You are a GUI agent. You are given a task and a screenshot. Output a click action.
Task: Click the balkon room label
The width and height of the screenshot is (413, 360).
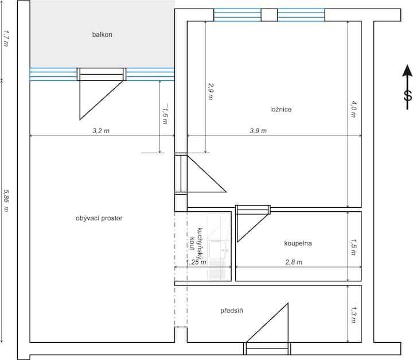coord(102,34)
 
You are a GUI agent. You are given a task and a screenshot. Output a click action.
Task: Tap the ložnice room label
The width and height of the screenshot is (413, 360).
coord(280,109)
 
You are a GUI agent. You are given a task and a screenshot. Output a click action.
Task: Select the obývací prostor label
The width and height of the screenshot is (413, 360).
coord(99,218)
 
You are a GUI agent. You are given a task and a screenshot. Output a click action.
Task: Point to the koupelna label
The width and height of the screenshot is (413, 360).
coord(298,243)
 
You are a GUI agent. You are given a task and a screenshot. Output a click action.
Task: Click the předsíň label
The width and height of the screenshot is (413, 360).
coord(232,311)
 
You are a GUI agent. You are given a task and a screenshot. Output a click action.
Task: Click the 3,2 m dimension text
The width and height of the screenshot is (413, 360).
coord(101,130)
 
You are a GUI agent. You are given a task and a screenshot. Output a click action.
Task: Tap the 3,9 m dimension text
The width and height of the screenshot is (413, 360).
coord(258,130)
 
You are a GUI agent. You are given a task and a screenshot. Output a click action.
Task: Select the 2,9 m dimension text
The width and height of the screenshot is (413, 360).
coord(211,91)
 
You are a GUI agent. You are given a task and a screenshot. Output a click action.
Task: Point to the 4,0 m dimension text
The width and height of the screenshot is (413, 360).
coord(353,109)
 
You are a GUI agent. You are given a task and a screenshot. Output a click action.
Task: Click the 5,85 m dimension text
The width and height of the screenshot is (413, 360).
coord(6,200)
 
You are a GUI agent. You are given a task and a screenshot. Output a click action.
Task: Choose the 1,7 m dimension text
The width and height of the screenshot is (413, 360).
coord(6,38)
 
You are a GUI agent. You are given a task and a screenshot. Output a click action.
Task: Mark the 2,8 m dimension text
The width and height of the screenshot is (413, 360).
coord(294,262)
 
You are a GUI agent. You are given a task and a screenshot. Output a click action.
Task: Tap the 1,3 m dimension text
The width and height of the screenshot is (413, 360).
coord(353,315)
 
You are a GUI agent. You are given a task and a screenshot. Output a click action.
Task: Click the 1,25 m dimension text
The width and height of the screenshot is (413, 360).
coord(196,262)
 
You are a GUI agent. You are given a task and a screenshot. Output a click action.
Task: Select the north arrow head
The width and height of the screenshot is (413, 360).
coord(407,71)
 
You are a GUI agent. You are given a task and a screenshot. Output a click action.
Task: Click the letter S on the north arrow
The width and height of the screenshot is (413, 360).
coord(408,96)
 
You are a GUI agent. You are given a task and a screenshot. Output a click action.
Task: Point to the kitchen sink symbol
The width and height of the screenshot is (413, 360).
coord(217,250)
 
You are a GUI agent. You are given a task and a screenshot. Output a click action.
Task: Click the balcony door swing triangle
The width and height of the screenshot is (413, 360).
coord(101,100)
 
